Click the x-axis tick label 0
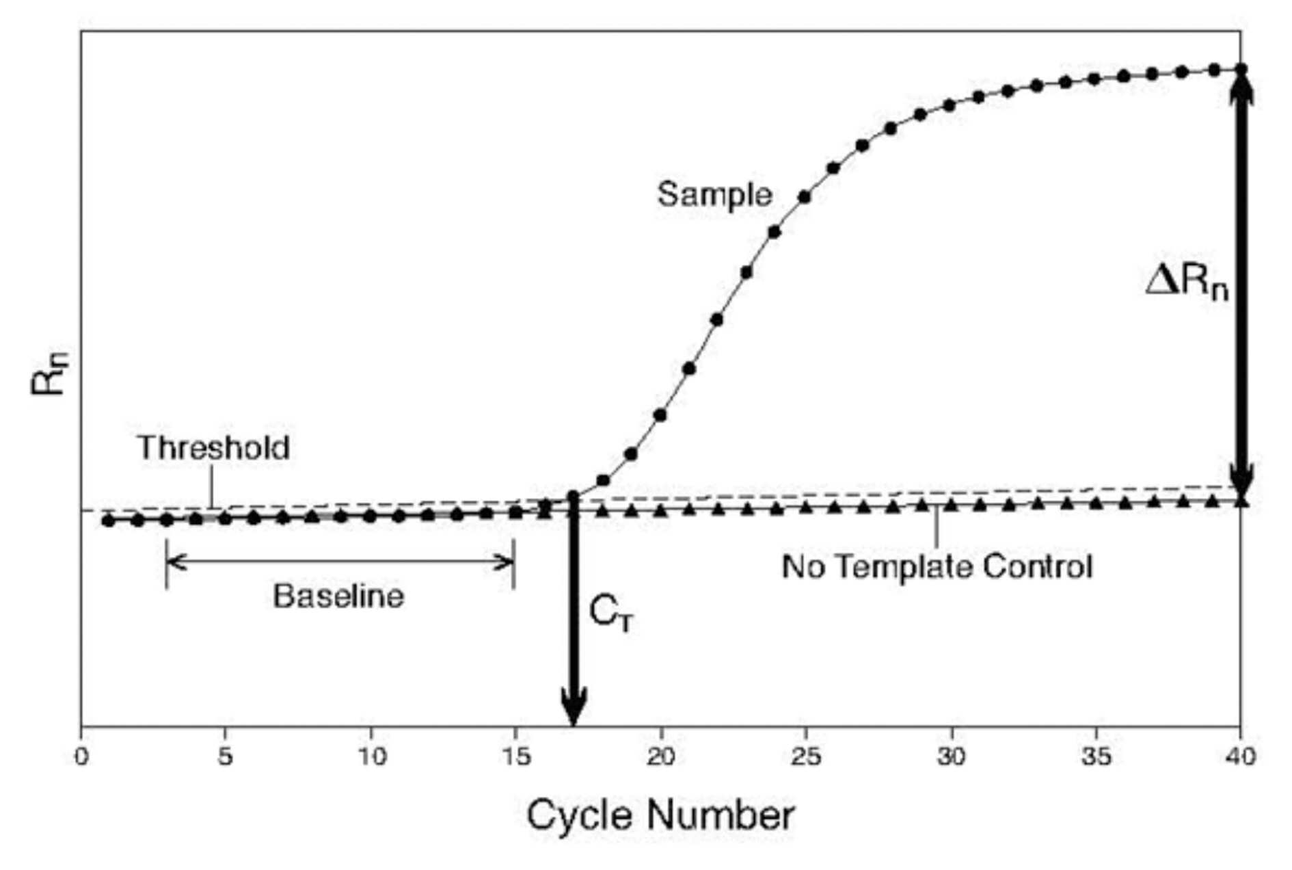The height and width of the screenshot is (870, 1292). pyautogui.click(x=81, y=756)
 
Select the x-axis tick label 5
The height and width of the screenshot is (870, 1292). pyautogui.click(x=226, y=756)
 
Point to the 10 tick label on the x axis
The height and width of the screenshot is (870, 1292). pyautogui.click(x=371, y=756)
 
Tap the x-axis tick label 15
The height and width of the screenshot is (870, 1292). pyautogui.click(x=515, y=756)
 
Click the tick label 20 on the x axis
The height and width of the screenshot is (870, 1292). pyautogui.click(x=660, y=756)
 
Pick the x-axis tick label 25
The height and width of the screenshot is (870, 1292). pyautogui.click(x=805, y=756)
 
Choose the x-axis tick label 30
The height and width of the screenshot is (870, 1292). pyautogui.click(x=950, y=756)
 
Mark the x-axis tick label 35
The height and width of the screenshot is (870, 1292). pyautogui.click(x=1095, y=756)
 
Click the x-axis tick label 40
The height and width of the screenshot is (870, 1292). pyautogui.click(x=1240, y=756)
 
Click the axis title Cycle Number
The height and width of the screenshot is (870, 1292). pyautogui.click(x=660, y=815)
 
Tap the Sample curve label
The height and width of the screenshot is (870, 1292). pyautogui.click(x=715, y=196)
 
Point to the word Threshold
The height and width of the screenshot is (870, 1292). pyautogui.click(x=214, y=448)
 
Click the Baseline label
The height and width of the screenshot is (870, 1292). pyautogui.click(x=339, y=596)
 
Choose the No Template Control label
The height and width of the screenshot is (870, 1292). pyautogui.click(x=937, y=567)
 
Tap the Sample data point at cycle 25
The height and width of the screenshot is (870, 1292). pyautogui.click(x=805, y=197)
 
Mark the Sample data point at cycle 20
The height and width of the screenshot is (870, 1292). pyautogui.click(x=660, y=415)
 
